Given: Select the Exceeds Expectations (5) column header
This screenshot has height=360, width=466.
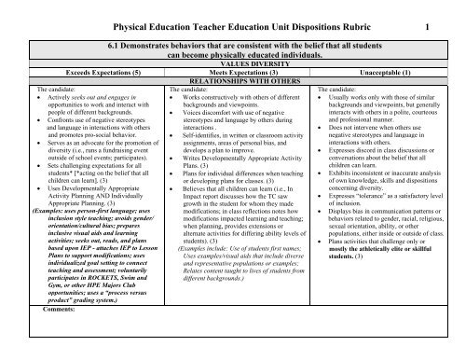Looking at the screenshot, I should (x=80, y=69).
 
